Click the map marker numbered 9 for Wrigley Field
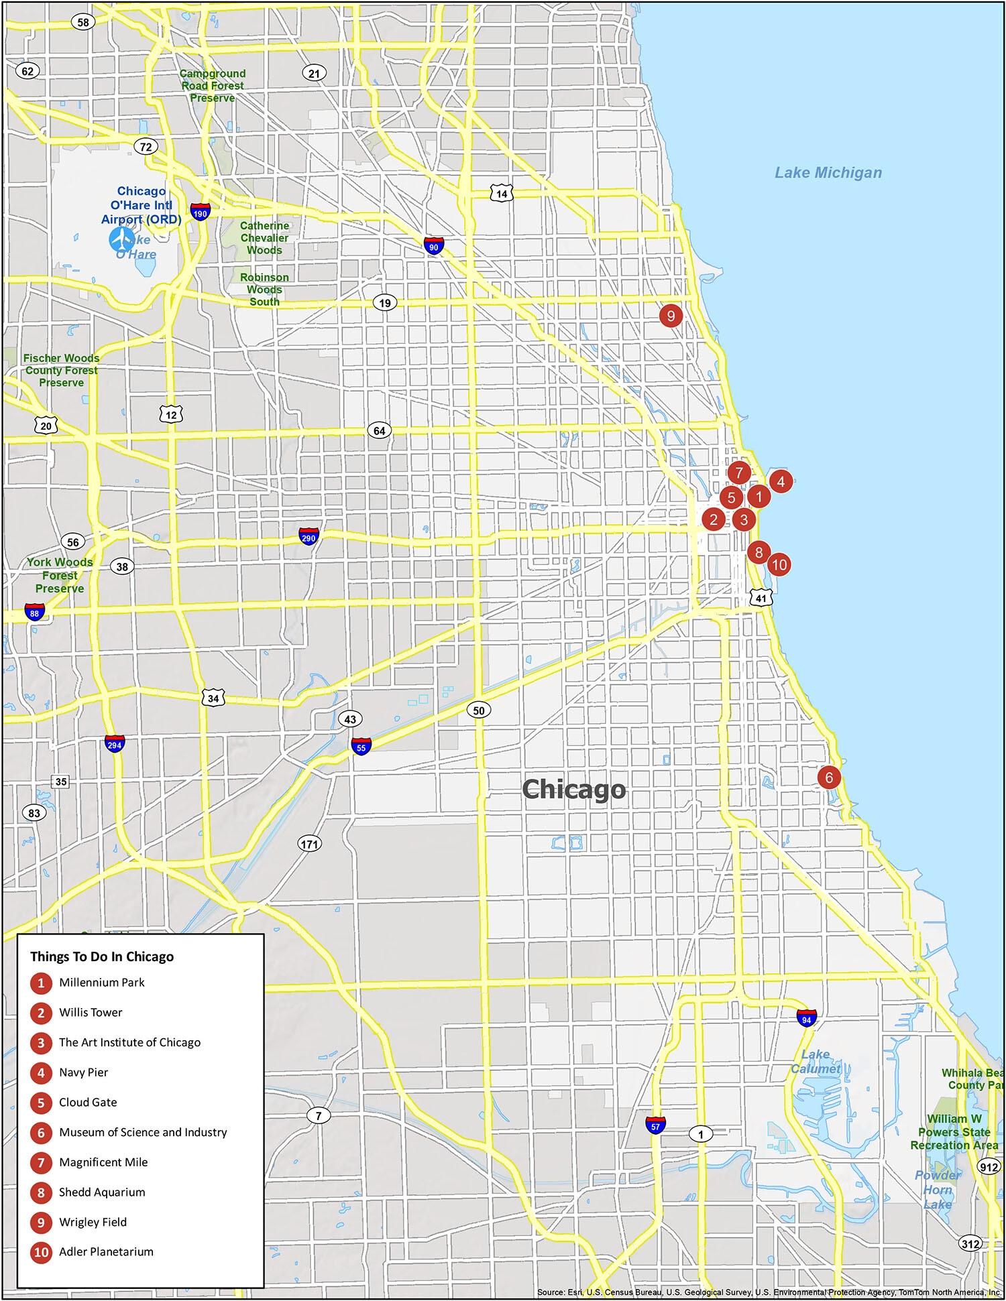click(670, 315)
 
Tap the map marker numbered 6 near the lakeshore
click(829, 777)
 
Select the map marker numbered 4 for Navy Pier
click(781, 481)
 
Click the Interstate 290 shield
click(308, 537)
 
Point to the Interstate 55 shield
click(361, 747)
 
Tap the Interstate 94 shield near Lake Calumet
click(806, 1019)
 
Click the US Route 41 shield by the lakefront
click(761, 598)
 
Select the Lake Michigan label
click(828, 173)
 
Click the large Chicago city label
click(573, 789)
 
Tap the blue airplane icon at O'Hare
click(121, 239)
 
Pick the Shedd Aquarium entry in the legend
click(101, 1192)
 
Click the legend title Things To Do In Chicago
click(102, 956)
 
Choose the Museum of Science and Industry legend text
click(143, 1132)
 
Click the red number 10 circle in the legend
click(41, 1252)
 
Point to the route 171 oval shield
click(309, 844)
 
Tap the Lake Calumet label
click(815, 1061)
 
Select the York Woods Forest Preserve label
click(60, 575)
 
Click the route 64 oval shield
click(380, 430)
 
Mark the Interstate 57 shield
click(655, 1125)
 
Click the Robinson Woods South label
click(264, 290)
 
